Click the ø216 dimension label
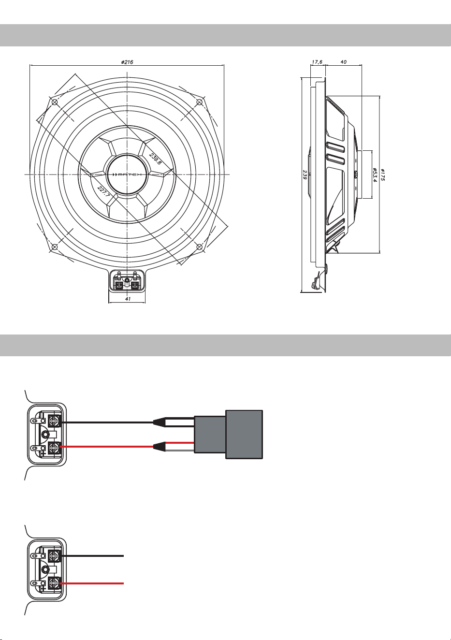[x=127, y=62]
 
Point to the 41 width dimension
[x=128, y=299]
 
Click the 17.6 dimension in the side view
[x=317, y=62]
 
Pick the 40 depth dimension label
[x=344, y=62]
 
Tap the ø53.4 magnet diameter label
[x=375, y=175]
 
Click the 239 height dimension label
[x=305, y=175]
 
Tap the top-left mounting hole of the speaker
[x=55, y=102]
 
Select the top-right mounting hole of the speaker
[x=200, y=102]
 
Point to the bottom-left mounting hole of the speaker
[x=55, y=247]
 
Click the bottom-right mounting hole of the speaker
[x=200, y=247]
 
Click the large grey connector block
[x=228, y=435]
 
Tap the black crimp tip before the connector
[x=159, y=422]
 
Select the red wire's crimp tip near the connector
[x=159, y=446]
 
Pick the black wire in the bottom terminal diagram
[x=92, y=556]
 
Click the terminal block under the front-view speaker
[x=127, y=281]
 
